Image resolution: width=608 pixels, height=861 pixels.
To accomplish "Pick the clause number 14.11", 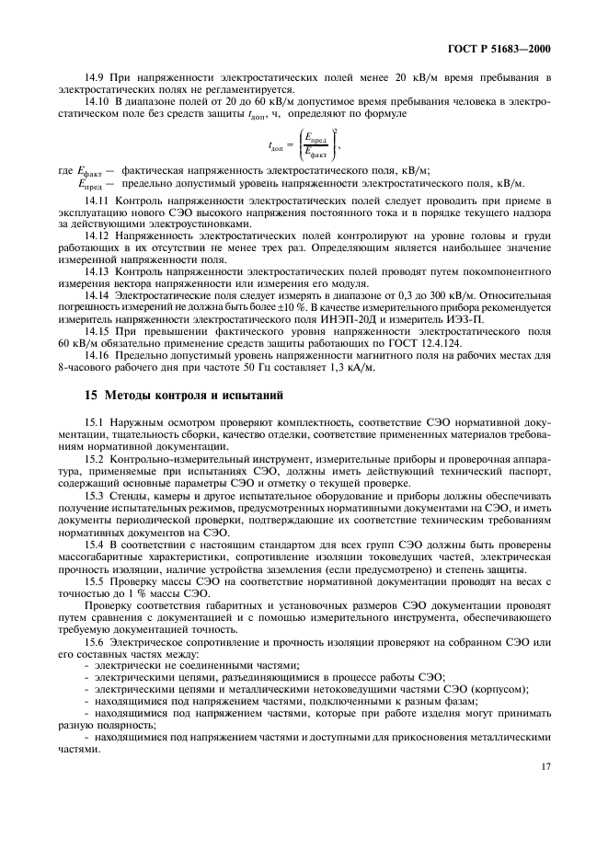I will coord(98,201).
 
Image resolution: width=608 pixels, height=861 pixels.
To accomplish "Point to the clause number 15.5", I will coord(95,583).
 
